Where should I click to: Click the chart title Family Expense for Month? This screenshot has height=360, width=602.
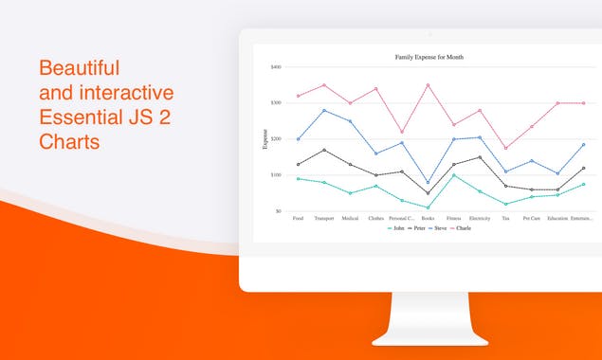click(429, 57)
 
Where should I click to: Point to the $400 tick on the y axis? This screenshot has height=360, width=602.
click(276, 67)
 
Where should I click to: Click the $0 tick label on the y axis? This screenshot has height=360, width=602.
click(278, 210)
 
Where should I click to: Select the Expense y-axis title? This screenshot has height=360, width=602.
click(265, 139)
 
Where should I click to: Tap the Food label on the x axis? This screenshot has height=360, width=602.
click(299, 219)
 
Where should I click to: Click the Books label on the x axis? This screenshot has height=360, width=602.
click(428, 219)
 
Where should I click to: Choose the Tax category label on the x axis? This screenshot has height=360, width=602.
click(505, 219)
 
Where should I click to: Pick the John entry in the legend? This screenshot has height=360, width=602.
click(396, 228)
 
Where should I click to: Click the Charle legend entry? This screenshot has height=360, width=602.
click(461, 228)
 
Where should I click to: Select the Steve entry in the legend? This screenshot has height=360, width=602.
click(439, 228)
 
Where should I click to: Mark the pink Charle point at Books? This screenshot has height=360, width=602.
click(428, 85)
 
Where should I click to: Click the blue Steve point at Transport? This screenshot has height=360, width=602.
click(324, 111)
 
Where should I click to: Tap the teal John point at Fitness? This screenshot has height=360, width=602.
click(454, 175)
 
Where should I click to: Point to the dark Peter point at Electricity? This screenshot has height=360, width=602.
click(480, 157)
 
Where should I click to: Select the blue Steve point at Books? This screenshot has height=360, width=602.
click(428, 182)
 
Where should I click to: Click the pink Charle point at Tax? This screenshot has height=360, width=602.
click(505, 148)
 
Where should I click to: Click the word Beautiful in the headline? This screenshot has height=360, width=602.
click(79, 68)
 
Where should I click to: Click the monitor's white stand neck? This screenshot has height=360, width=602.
click(429, 312)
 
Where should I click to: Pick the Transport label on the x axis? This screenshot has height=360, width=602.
click(324, 219)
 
